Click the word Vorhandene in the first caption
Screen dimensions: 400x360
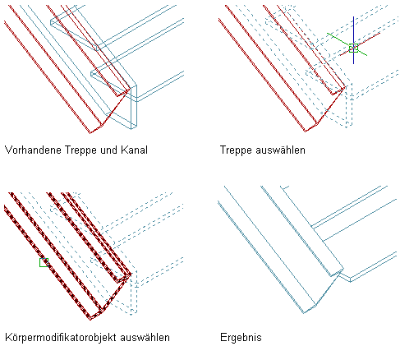coord(33,150)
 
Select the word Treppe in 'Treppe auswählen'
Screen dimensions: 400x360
coord(236,151)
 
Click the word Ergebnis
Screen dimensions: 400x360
coord(241,338)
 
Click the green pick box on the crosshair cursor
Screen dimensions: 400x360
coord(353,48)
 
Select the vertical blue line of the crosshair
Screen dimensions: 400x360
coord(353,40)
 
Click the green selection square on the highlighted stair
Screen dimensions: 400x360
coord(44,262)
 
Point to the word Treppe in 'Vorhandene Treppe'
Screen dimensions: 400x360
coord(80,151)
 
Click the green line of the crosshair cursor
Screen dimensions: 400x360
coord(347,44)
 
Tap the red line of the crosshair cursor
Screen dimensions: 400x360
coord(360,44)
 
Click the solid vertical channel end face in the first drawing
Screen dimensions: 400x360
coord(134,107)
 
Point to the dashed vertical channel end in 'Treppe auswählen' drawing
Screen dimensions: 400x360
coord(349,105)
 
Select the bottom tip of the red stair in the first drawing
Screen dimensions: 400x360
coord(90,133)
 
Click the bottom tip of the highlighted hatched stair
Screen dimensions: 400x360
coord(90,320)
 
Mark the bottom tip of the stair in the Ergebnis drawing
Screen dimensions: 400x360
coord(304,313)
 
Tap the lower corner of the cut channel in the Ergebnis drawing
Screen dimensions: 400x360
coord(350,282)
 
